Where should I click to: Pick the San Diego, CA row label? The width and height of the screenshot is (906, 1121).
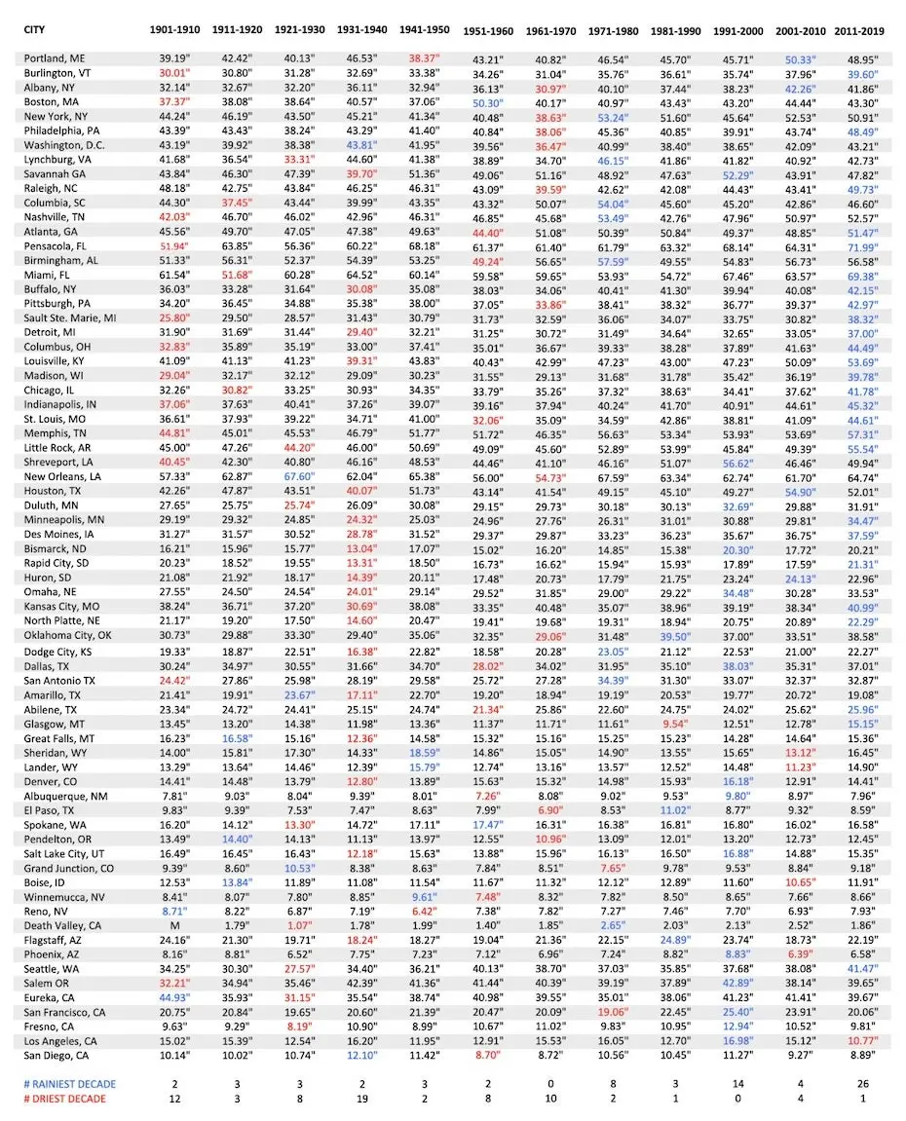[57, 1055]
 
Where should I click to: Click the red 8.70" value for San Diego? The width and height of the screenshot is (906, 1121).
[487, 1055]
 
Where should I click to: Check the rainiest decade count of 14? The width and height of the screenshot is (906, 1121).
[737, 1082]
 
